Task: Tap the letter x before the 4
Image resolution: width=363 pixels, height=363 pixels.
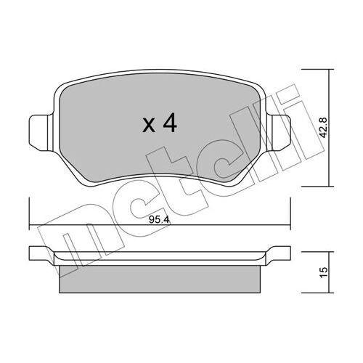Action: pyautogui.click(x=149, y=126)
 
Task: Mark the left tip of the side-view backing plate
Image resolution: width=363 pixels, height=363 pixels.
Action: pyautogui.click(x=32, y=254)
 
